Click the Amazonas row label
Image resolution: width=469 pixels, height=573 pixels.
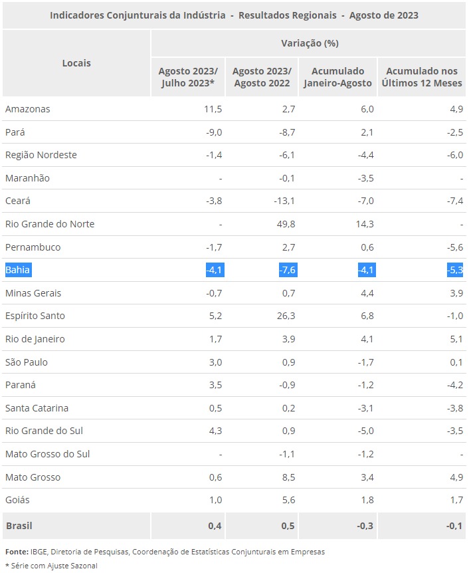pyautogui.click(x=28, y=109)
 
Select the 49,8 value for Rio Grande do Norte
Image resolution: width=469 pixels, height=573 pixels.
pyautogui.click(x=286, y=224)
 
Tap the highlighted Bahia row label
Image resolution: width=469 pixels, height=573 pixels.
pyautogui.click(x=17, y=270)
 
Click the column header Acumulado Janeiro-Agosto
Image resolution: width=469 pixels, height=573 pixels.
pyautogui.click(x=337, y=77)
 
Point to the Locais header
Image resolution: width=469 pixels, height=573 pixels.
pyautogui.click(x=76, y=63)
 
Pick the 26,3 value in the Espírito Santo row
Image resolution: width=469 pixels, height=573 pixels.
pyautogui.click(x=286, y=316)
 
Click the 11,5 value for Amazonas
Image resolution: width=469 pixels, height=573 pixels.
pyautogui.click(x=213, y=109)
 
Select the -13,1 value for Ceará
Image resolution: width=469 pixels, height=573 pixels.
pyautogui.click(x=284, y=201)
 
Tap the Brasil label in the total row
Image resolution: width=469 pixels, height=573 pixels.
pyautogui.click(x=19, y=526)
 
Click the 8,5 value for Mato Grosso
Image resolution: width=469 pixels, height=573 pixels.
pyautogui.click(x=288, y=477)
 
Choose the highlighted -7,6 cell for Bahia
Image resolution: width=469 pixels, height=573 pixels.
pyautogui.click(x=288, y=270)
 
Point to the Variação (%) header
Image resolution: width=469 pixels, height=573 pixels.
pyautogui.click(x=310, y=43)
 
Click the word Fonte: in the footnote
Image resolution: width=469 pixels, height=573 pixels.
pyautogui.click(x=17, y=552)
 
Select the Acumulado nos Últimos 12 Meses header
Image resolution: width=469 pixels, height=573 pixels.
pyautogui.click(x=422, y=77)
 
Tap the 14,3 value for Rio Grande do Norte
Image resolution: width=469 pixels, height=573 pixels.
pyautogui.click(x=365, y=224)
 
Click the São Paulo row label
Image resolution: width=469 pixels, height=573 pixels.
pyautogui.click(x=27, y=362)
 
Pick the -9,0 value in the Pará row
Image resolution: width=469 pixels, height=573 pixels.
pyautogui.click(x=214, y=132)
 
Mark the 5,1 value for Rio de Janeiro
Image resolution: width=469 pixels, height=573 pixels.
pyautogui.click(x=456, y=339)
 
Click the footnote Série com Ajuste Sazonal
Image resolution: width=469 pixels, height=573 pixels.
pyautogui.click(x=54, y=566)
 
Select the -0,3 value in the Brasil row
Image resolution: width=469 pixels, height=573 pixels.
pyautogui.click(x=365, y=526)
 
